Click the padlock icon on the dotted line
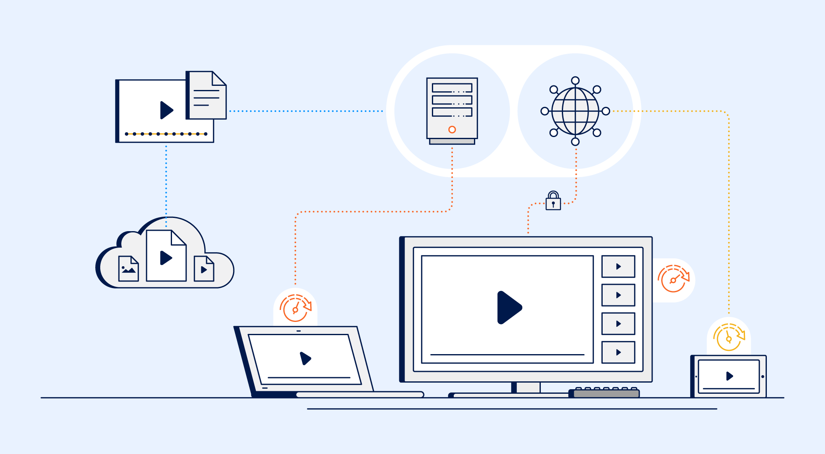pos(553,201)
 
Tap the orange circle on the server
pos(452,130)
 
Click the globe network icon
pos(575,111)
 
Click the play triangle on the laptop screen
pos(305,358)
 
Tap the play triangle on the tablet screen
pos(729,376)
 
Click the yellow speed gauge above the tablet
pos(729,338)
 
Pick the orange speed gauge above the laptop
pos(295,308)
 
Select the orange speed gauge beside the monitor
pos(673,279)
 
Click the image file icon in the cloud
pos(128,269)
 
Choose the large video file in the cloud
pos(166,256)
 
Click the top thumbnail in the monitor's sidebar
pos(618,267)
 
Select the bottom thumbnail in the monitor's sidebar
pos(618,352)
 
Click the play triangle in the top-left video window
pos(166,110)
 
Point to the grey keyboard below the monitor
pos(606,393)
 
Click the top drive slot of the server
pos(452,88)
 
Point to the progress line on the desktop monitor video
pos(507,355)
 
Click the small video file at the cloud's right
pos(204,269)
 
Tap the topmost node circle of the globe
pos(575,80)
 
